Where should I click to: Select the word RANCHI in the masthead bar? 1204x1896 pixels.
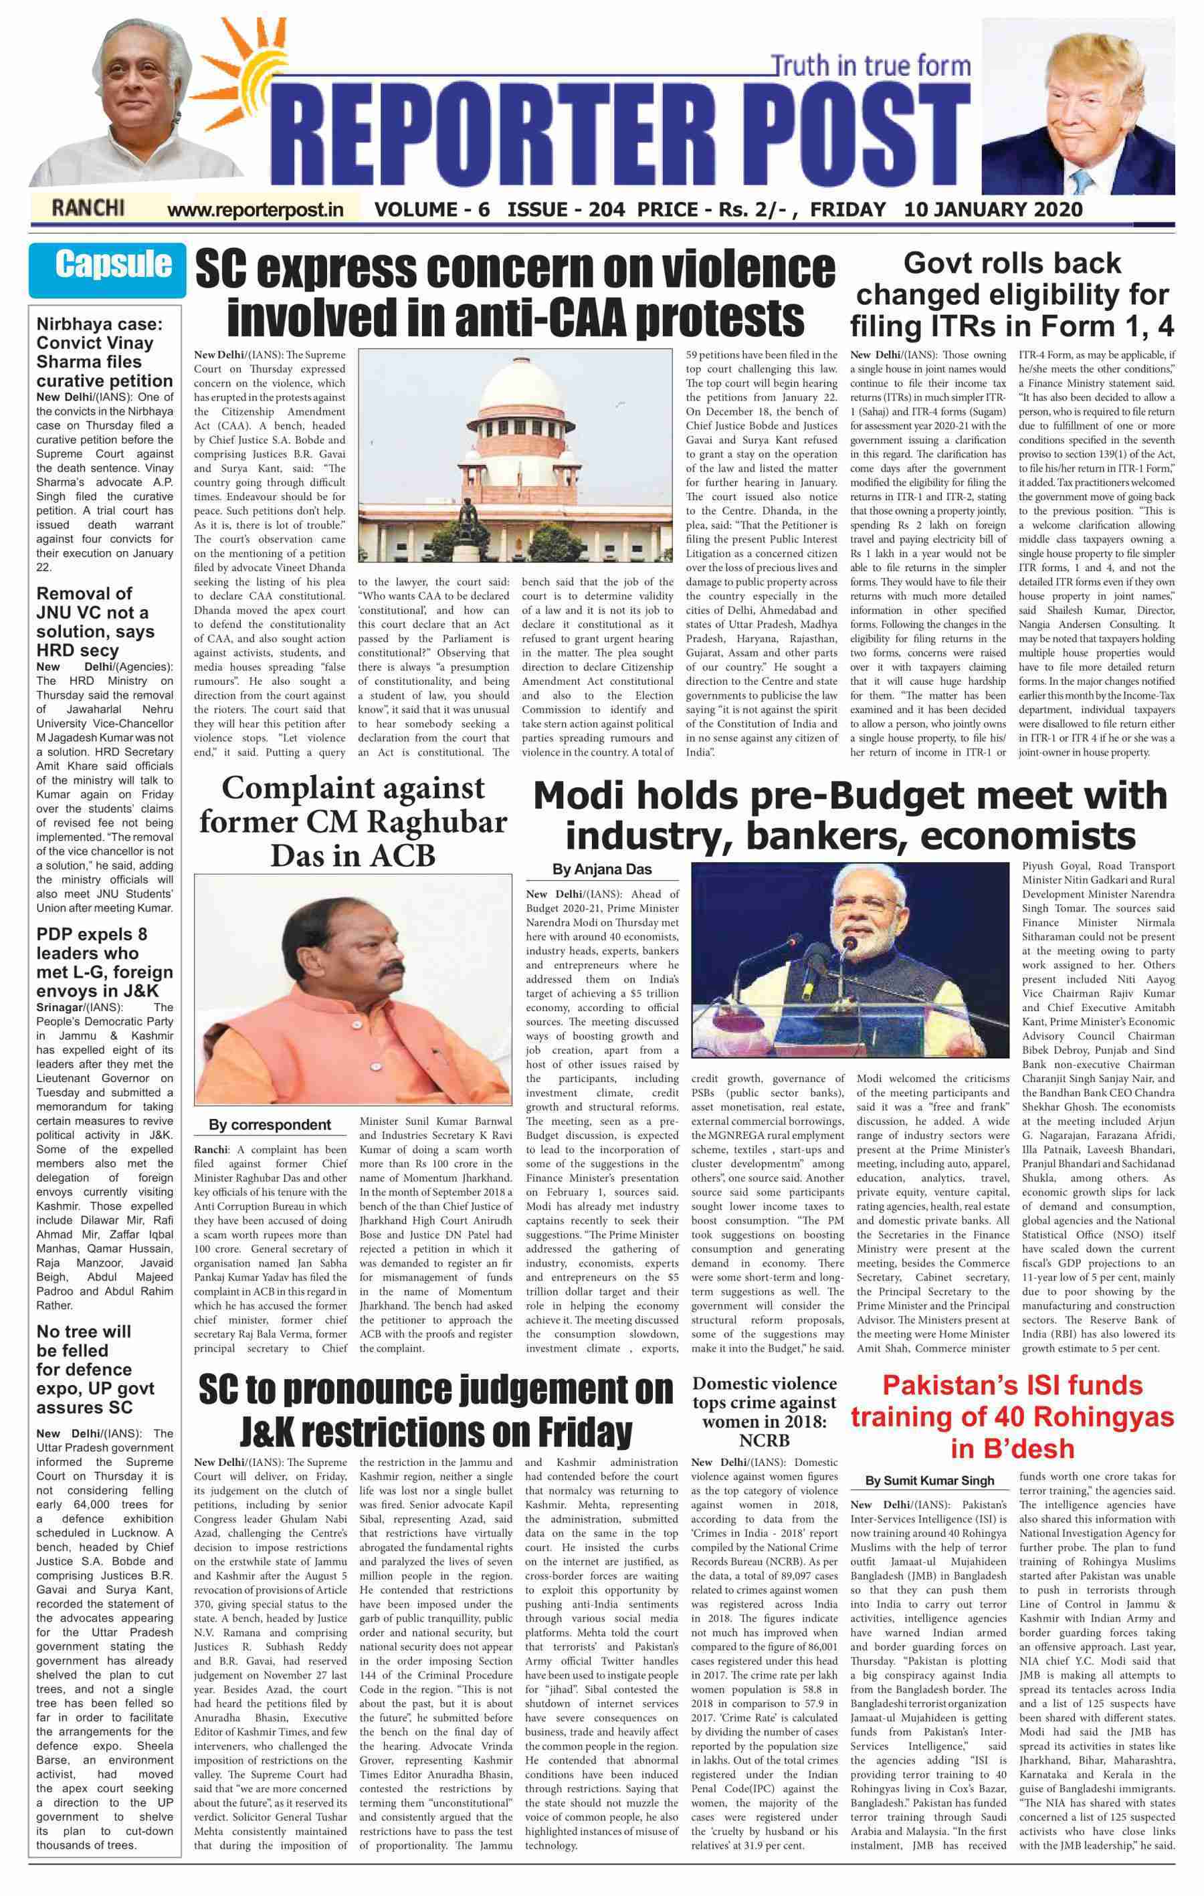point(88,209)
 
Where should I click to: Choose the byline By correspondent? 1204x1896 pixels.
point(270,1124)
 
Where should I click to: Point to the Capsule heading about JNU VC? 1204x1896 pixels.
point(96,622)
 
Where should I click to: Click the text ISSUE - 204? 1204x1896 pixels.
point(567,209)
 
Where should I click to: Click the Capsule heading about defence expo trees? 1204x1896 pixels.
point(96,1369)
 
